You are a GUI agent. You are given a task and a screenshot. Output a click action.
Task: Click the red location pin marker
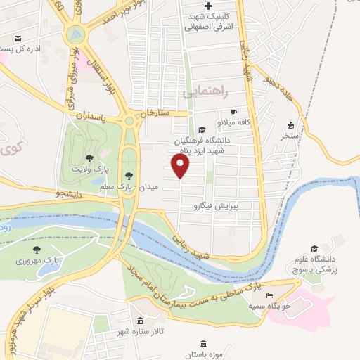coord(181,167)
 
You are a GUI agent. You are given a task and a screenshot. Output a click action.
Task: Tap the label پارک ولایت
coord(89,169)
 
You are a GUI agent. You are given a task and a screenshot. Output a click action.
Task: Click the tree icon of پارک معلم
coord(128,176)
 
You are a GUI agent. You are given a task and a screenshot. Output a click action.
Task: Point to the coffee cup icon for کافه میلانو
coord(234,112)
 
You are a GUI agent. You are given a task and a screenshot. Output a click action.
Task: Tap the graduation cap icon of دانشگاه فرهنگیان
coord(202,129)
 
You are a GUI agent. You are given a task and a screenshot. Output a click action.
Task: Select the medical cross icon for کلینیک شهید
coord(207,6)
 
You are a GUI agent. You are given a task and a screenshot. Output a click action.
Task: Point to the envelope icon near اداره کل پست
coord(18,39)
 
